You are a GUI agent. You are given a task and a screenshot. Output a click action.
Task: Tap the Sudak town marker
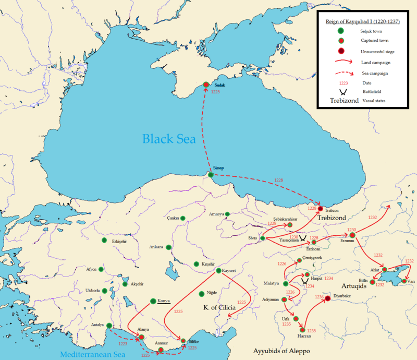coord(206,85)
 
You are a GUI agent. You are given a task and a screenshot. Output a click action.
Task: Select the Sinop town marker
coord(211,174)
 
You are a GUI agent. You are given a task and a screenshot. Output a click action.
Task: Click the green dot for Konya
coord(153,301)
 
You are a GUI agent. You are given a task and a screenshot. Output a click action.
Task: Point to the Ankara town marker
coord(168,247)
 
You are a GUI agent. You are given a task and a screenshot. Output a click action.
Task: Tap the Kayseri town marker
coord(218,271)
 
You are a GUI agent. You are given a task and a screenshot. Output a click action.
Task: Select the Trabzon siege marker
coord(320,209)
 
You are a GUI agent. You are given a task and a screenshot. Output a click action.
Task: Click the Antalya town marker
coord(109,326)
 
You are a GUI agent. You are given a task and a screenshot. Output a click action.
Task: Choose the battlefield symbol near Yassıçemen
coord(303,237)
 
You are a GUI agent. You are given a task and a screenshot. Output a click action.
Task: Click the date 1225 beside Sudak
coord(215,92)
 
